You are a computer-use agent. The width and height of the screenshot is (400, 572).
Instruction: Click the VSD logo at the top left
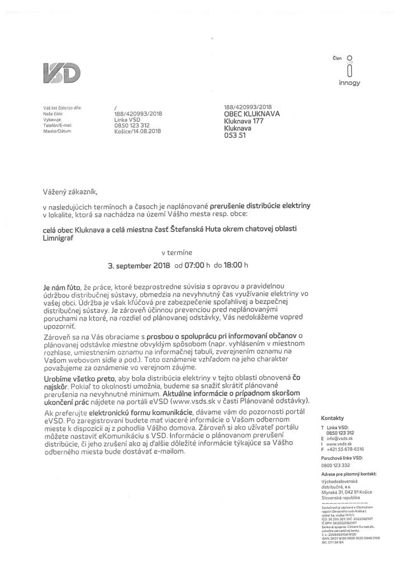61,73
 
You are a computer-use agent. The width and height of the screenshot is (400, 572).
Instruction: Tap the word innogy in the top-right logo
349,83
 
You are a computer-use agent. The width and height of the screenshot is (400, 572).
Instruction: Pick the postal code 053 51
235,135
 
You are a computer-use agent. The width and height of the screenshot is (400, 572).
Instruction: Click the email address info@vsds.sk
339,440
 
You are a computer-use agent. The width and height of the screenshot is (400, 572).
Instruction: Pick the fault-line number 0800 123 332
335,465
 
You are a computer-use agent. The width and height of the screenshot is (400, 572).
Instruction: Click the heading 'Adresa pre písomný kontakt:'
349,474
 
